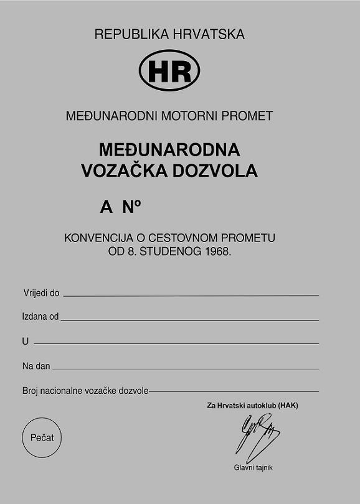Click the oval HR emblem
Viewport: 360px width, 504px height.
169,71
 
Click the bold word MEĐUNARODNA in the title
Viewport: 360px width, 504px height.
169,150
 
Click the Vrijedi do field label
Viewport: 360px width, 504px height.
41,292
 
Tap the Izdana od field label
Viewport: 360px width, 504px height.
40,317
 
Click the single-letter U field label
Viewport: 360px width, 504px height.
26,342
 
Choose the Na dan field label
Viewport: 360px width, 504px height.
36,366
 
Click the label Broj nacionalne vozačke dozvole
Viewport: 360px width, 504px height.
85,391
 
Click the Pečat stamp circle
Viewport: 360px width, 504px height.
42,437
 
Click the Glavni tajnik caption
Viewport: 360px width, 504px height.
253,467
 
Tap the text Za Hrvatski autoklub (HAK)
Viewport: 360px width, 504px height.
253,406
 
